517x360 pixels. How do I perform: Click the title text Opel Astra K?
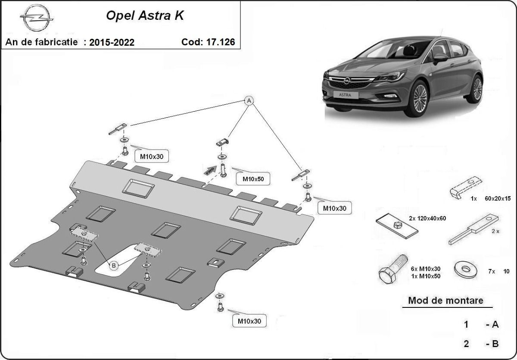tap(145, 16)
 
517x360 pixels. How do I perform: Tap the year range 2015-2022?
tap(112, 42)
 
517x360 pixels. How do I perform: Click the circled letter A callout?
tap(249, 101)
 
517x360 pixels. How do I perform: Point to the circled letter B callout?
tap(114, 266)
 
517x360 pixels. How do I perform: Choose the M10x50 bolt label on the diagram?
tap(253, 178)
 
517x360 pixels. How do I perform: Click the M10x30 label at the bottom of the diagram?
tap(249, 321)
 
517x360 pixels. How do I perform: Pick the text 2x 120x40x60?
tap(428, 218)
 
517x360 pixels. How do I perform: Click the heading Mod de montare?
tap(445, 301)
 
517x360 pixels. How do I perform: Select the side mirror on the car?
tap(439, 57)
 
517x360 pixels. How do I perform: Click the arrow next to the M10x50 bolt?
tap(210, 170)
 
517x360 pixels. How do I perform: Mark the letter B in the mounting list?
tap(494, 344)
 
